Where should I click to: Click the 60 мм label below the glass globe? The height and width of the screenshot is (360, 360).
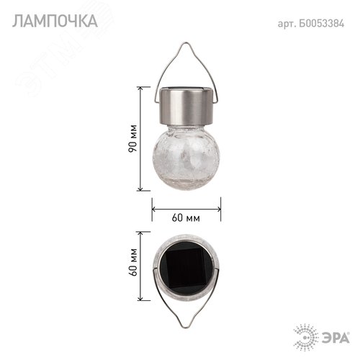pos(186,217)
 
